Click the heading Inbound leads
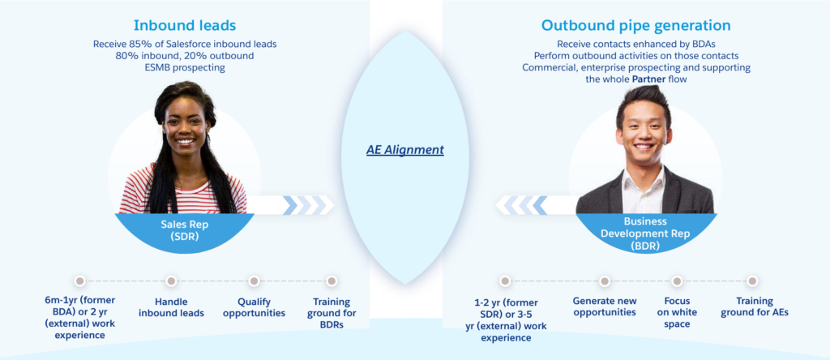click(185, 25)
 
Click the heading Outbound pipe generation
click(635, 25)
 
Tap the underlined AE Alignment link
click(405, 150)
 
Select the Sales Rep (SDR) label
click(185, 230)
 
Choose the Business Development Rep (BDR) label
click(645, 234)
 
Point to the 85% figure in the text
click(139, 44)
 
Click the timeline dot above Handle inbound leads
click(170, 281)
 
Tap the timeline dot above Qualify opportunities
click(254, 281)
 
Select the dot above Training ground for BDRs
click(332, 281)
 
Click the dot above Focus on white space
click(677, 281)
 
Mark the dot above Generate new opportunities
click(605, 281)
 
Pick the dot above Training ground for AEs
click(752, 281)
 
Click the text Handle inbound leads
click(172, 307)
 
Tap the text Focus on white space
click(677, 312)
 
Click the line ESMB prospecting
click(185, 67)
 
